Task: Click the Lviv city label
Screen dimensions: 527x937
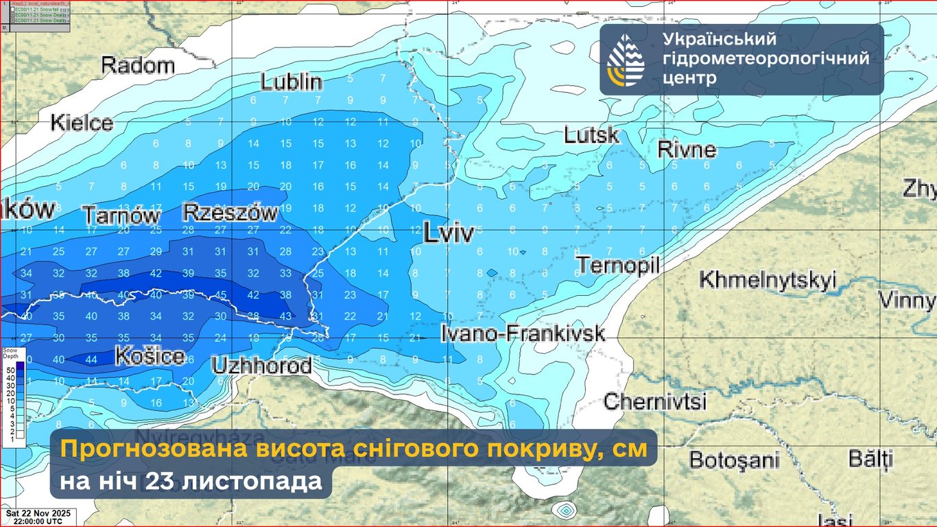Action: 448,233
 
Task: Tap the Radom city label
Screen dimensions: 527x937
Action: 138,66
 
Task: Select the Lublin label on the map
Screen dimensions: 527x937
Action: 292,82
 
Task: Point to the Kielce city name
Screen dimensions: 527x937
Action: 82,123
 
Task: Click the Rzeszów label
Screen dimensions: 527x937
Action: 230,213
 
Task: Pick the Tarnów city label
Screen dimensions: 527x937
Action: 121,215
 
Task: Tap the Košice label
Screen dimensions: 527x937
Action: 150,356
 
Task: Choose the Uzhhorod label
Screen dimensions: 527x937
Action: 261,365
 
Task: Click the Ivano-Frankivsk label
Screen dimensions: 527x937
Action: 523,334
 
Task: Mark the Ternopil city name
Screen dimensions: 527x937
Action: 617,265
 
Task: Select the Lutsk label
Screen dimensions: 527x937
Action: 591,135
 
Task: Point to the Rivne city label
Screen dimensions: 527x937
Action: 686,149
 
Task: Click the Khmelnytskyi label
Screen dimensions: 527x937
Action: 768,280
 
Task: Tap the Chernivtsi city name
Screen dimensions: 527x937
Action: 654,401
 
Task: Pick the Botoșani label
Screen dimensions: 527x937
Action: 735,459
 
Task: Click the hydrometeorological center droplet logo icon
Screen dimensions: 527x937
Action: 626,60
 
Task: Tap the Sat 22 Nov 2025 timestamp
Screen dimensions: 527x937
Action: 38,513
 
